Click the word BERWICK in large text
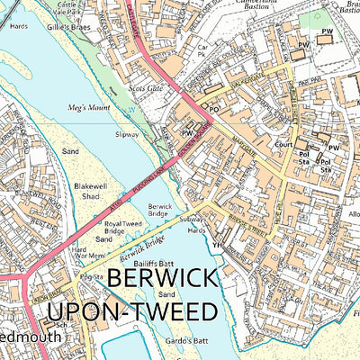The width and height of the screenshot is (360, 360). pos(165,281)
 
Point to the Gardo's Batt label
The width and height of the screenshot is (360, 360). pos(188,342)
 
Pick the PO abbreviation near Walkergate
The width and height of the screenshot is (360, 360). pos(214,108)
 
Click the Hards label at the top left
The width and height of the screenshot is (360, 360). pos(19,26)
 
